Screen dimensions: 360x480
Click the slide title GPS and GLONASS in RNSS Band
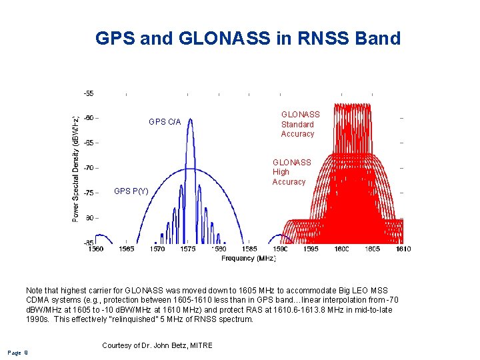[248, 38]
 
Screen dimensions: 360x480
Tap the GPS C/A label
[164, 122]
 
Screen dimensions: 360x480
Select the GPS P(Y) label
[131, 191]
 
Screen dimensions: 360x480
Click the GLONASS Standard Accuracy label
[299, 125]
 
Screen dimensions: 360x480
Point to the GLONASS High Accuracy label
[291, 172]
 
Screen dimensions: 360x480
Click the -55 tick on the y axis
[88, 93]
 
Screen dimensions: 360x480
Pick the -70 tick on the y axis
[88, 167]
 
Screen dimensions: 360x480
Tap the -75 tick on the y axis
[88, 193]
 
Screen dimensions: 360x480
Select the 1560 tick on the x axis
[95, 249]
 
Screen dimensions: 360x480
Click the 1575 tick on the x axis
[188, 249]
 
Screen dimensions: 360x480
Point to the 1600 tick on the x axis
[341, 249]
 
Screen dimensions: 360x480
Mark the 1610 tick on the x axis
[402, 249]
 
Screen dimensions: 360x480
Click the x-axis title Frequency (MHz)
[248, 257]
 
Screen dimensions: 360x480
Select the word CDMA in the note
[38, 300]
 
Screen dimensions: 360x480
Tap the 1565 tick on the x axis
[126, 249]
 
